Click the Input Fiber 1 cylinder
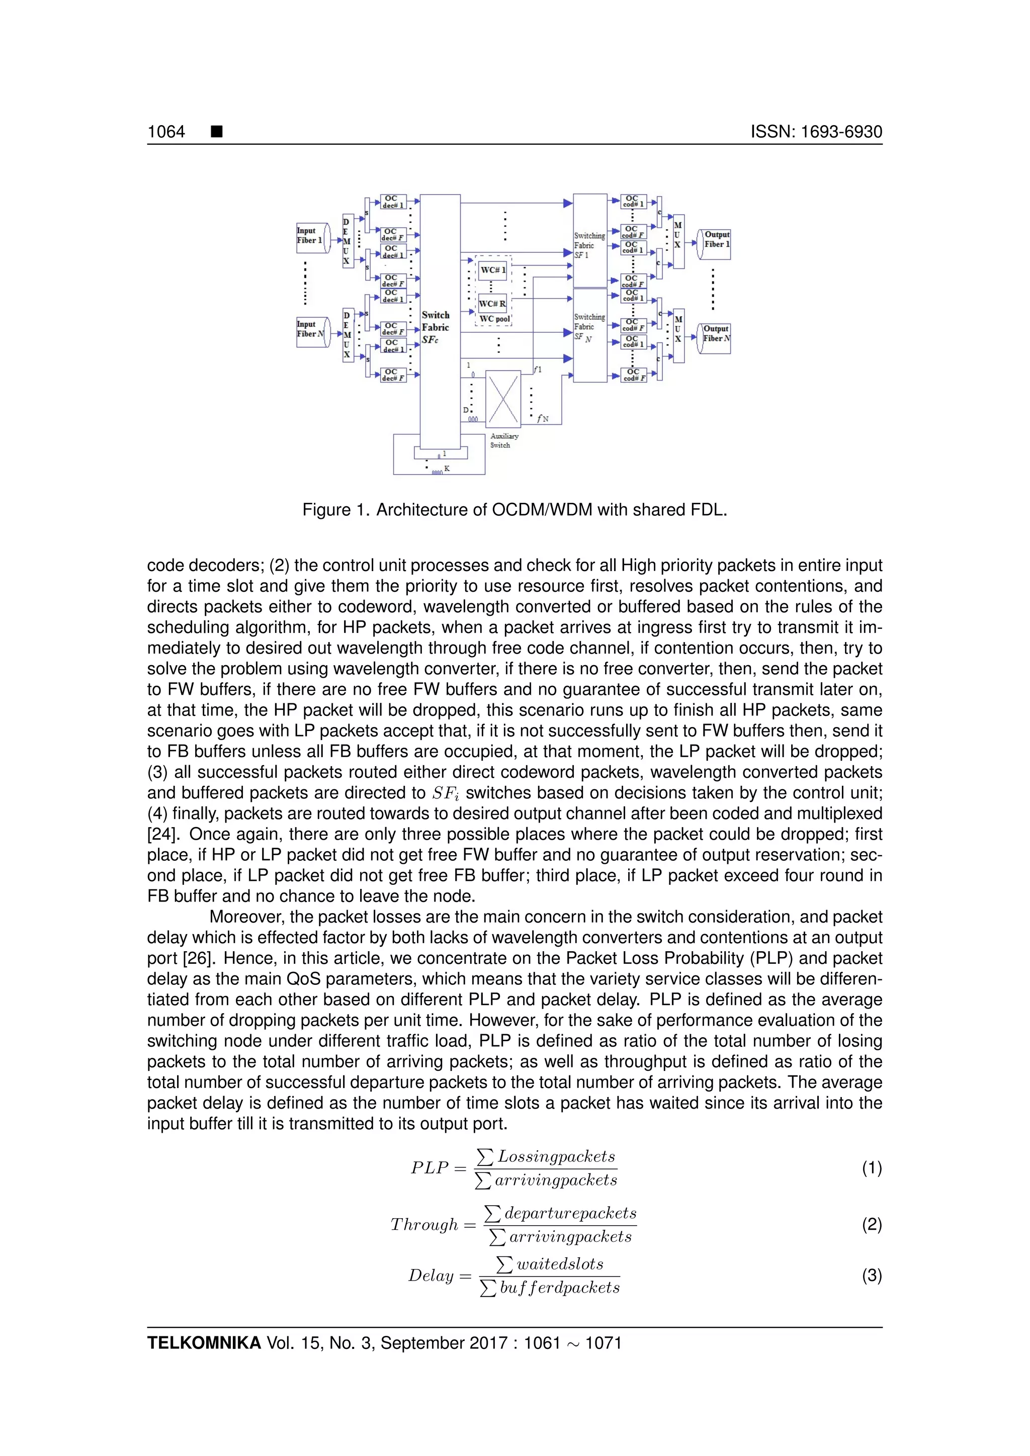tap(313, 237)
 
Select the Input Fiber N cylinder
tap(313, 331)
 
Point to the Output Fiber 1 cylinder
tap(714, 244)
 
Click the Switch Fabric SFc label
tap(435, 327)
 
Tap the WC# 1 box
tap(493, 270)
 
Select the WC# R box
tap(493, 304)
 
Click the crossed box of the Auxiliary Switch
tap(503, 398)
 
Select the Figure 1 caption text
tap(514, 510)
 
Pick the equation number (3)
tap(872, 1276)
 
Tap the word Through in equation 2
tap(423, 1225)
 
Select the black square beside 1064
tap(217, 132)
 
